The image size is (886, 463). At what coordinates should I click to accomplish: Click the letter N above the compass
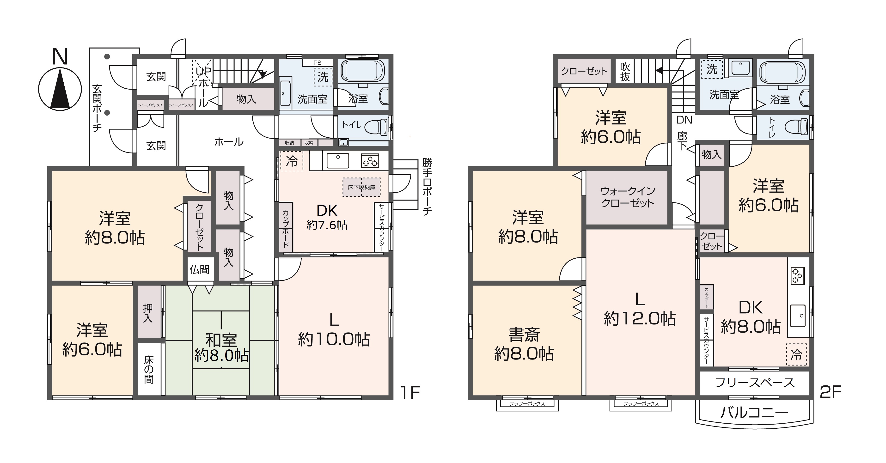click(x=60, y=56)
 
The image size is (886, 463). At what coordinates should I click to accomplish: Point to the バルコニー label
click(x=754, y=412)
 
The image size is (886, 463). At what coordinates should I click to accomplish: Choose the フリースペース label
click(x=755, y=383)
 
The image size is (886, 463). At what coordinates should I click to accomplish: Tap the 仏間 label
click(x=200, y=269)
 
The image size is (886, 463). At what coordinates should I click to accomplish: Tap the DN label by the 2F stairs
click(x=684, y=120)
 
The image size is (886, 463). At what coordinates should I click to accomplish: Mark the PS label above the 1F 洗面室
click(x=318, y=63)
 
